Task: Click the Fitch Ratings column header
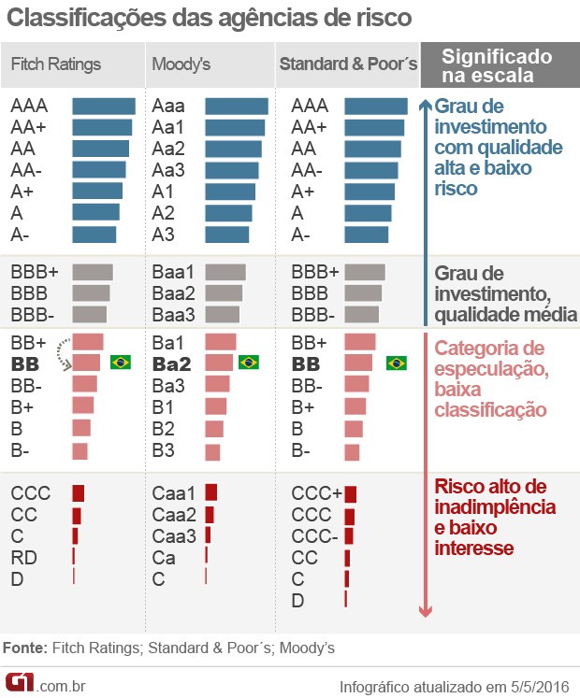(x=55, y=64)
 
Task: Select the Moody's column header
(x=181, y=64)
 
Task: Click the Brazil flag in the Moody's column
(x=248, y=363)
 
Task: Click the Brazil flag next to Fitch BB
(x=120, y=363)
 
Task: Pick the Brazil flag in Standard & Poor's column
(x=396, y=363)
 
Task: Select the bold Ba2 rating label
(x=171, y=363)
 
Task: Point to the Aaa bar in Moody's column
(x=236, y=107)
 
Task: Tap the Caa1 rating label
(x=173, y=492)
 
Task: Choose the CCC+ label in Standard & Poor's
(x=316, y=493)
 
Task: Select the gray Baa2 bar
(x=224, y=292)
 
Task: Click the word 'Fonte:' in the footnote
(x=25, y=648)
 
